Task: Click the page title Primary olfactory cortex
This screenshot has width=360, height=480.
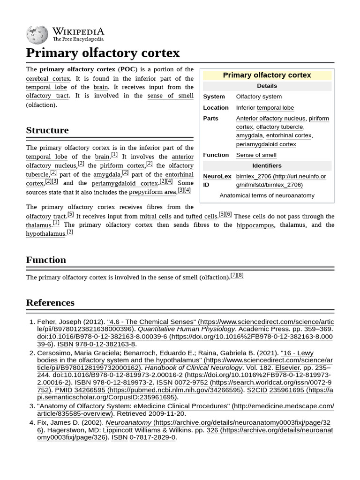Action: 103,52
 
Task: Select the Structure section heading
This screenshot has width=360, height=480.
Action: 47,130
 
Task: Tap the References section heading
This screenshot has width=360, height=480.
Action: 50,303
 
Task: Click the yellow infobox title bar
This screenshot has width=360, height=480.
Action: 267,75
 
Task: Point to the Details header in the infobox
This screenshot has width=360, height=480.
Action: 267,86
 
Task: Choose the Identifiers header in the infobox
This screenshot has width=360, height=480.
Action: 267,165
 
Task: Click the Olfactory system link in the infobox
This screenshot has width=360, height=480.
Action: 259,97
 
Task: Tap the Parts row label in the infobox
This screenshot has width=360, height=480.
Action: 210,118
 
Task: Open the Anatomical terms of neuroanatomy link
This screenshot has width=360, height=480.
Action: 267,195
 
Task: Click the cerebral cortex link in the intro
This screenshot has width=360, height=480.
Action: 48,79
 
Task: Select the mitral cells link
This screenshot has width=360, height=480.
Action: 155,217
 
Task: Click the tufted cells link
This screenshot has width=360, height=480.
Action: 201,217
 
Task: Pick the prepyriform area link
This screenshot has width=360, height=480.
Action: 152,192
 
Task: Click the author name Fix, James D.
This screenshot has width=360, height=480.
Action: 59,422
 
